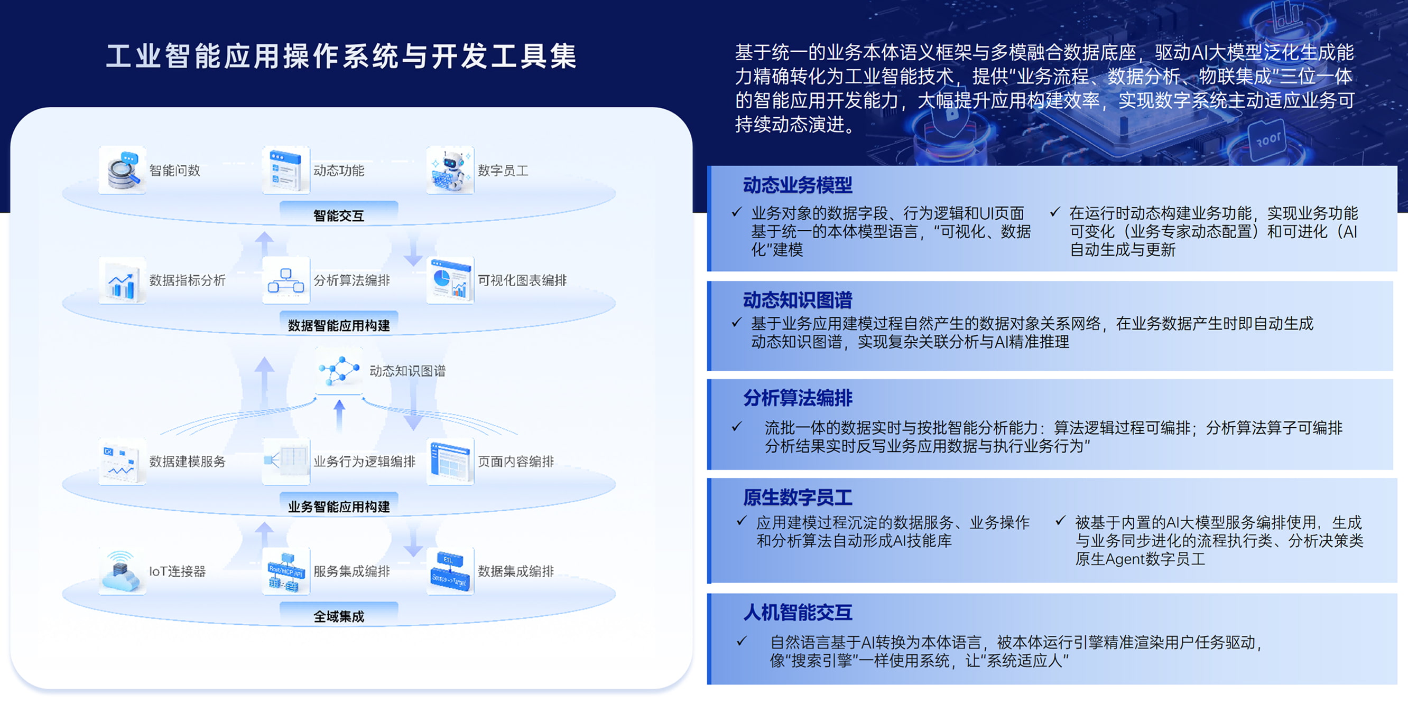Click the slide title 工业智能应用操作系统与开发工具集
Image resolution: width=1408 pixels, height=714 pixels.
[x=341, y=57]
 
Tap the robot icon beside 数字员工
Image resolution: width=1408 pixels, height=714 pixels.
[x=450, y=170]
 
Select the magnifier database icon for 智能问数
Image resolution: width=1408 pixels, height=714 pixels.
[x=122, y=170]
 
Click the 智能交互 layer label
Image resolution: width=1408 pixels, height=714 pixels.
[x=339, y=215]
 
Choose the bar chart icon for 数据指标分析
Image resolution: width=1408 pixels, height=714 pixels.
[x=122, y=280]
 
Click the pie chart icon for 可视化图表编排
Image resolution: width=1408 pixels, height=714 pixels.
[x=450, y=280]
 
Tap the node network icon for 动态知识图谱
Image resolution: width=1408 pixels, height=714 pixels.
[x=339, y=371]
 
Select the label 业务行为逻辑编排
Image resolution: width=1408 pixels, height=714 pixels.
[x=365, y=462]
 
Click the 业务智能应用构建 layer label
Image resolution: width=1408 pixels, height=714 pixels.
[x=339, y=506]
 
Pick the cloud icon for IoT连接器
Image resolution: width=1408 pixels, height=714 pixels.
[x=122, y=571]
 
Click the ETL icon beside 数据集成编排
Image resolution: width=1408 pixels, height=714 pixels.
[x=450, y=571]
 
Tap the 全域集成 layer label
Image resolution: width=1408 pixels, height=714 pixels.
[x=339, y=617]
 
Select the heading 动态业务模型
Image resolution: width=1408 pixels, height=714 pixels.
[x=798, y=185]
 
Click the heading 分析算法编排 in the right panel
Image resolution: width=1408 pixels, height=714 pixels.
[x=798, y=398]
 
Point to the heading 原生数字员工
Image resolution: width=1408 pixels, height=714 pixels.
[x=798, y=497]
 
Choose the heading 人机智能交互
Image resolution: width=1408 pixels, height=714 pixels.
[x=798, y=613]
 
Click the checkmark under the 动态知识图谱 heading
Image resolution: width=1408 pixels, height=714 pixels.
[x=737, y=322]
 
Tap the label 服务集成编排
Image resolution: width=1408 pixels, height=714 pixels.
[x=351, y=571]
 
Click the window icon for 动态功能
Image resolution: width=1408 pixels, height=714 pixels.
[x=286, y=170]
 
